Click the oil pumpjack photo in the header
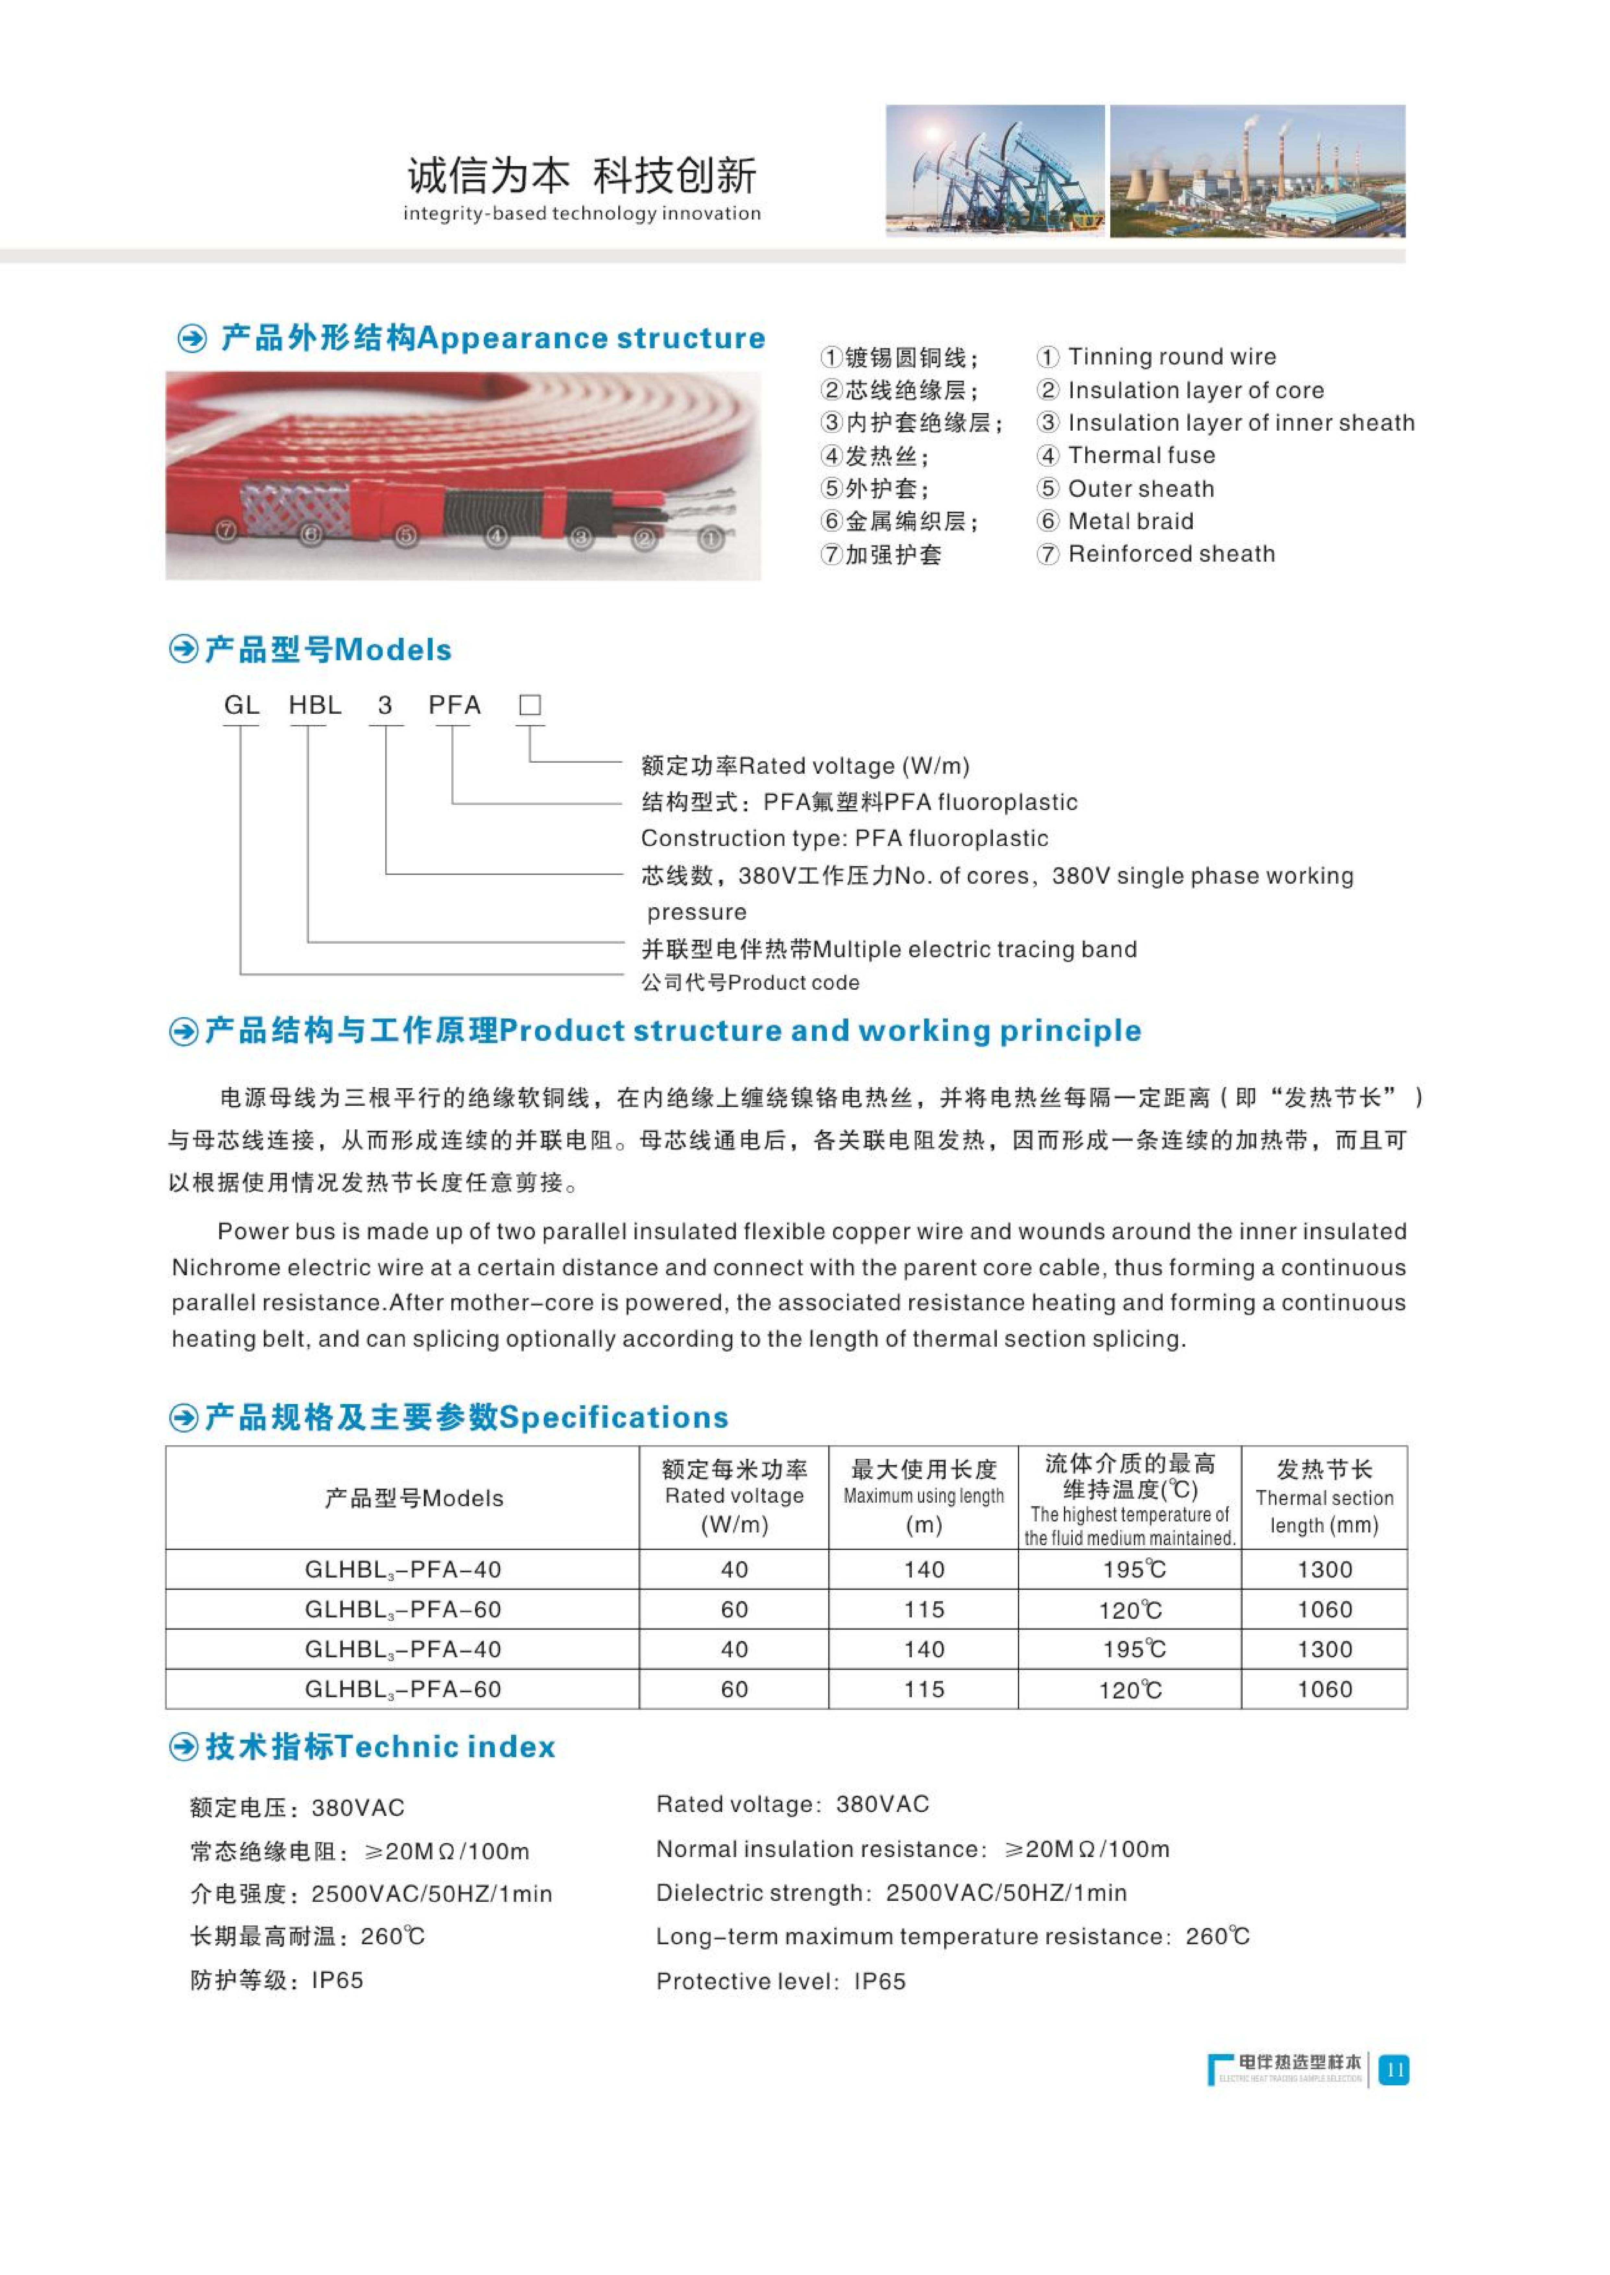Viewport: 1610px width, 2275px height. [x=994, y=171]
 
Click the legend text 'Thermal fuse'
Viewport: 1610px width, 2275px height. [x=1141, y=456]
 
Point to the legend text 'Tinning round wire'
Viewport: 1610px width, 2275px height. [x=1172, y=357]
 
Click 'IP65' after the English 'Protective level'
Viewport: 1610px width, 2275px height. [x=879, y=1982]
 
